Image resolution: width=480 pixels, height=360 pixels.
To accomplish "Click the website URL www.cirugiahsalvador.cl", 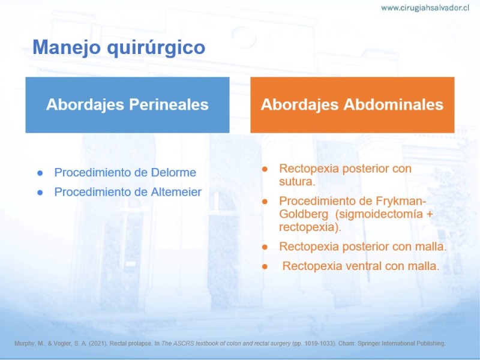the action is tap(425, 8).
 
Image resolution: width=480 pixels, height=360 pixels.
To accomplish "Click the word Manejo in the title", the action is tap(67, 47).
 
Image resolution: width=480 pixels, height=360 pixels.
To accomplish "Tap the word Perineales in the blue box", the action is tap(169, 104).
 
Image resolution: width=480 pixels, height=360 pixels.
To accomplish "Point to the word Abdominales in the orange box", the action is tap(394, 104).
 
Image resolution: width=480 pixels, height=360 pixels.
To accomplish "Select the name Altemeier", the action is tap(176, 192).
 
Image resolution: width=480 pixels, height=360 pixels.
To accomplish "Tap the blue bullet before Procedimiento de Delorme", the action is tap(40, 173).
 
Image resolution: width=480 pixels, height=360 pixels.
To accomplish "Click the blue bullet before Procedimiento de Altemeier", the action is tap(40, 193).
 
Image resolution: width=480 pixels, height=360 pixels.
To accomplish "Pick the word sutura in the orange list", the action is tap(296, 182).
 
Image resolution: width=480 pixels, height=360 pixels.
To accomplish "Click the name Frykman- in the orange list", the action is tap(401, 202).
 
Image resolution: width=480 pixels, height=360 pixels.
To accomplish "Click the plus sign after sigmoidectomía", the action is tap(430, 214).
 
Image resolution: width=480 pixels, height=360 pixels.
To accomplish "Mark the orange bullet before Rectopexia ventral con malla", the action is tap(265, 267).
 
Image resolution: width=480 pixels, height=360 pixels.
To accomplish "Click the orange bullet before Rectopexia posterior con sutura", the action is tap(265, 169).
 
